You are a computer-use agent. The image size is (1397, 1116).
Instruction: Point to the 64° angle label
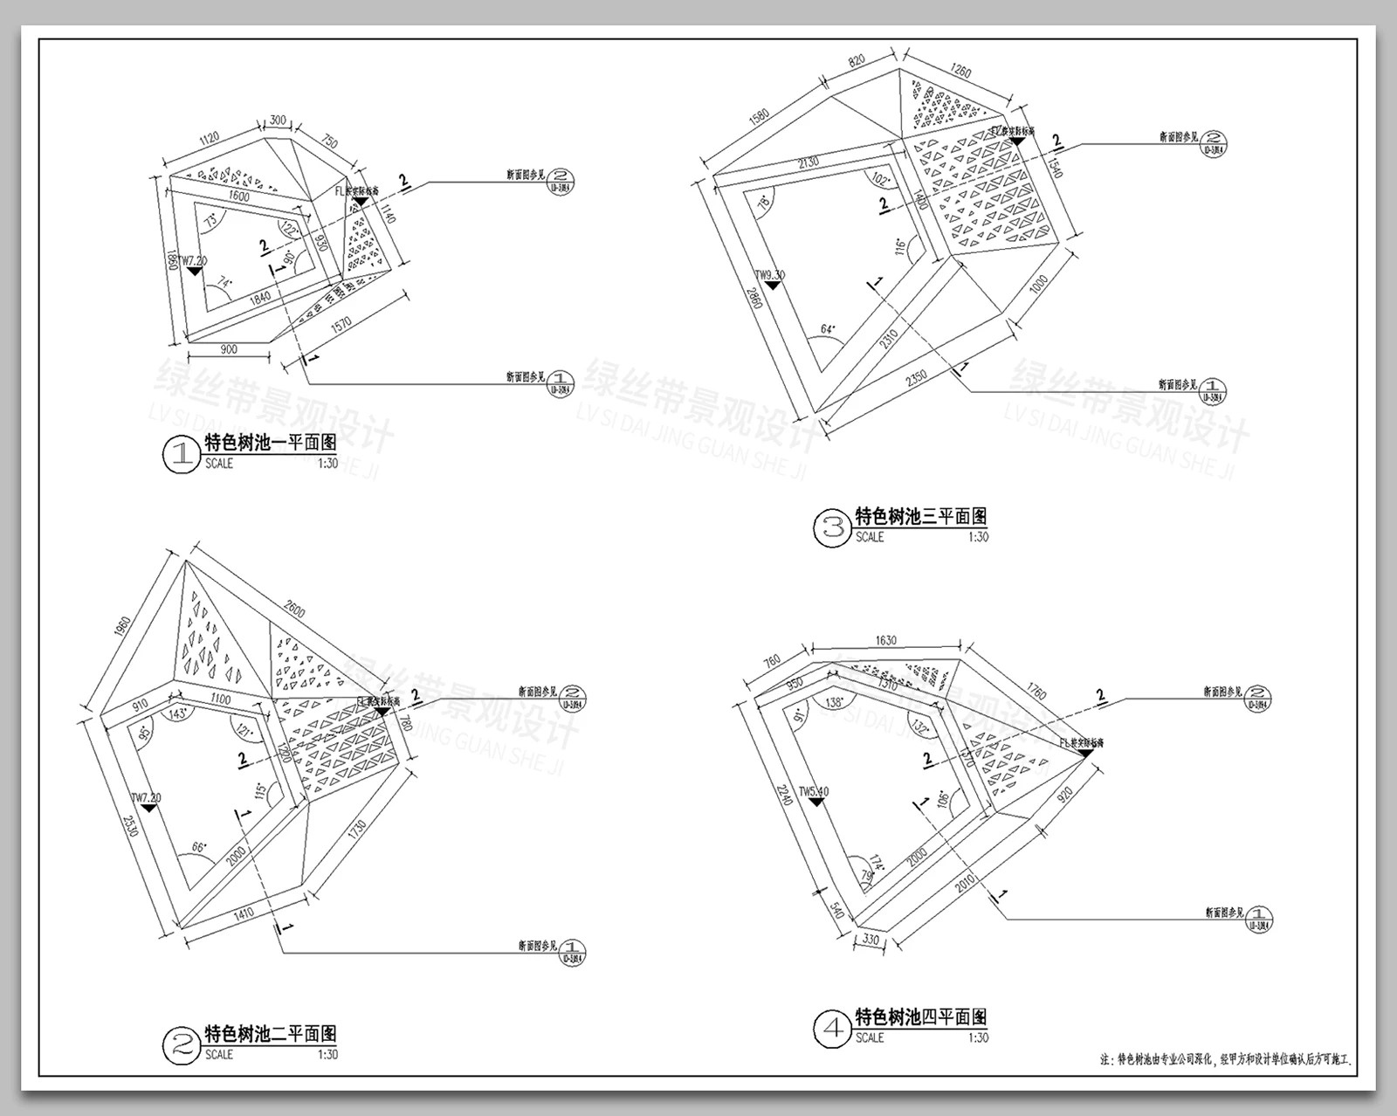click(x=829, y=329)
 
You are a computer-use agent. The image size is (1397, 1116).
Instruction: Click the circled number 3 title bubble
click(x=831, y=527)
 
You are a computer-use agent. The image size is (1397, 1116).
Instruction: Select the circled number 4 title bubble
click(x=831, y=1028)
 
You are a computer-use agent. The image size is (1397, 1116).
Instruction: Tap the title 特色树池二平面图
click(x=270, y=1035)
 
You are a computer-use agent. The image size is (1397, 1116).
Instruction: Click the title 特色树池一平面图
click(x=270, y=444)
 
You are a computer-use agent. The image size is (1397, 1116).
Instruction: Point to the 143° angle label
click(x=181, y=713)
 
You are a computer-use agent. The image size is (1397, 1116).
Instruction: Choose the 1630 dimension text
click(x=885, y=640)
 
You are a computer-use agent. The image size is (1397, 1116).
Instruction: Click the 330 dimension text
click(x=871, y=940)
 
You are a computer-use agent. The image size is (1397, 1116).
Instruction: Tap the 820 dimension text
click(x=856, y=60)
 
